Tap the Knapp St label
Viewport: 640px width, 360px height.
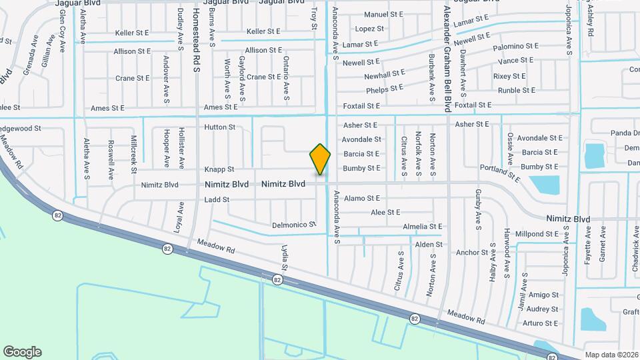click(219, 169)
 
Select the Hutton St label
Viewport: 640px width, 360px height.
click(219, 127)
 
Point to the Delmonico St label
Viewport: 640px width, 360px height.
click(294, 225)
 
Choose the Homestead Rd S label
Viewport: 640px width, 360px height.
click(197, 40)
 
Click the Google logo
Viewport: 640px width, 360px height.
click(22, 351)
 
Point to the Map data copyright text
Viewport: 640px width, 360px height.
click(611, 355)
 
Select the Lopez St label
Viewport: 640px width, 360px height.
click(369, 29)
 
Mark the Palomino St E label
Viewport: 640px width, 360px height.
click(515, 47)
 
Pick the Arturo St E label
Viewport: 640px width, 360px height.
click(540, 323)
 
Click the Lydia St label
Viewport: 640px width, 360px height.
click(284, 257)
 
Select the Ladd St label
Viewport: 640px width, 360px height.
click(217, 199)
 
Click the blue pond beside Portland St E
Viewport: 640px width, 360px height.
click(545, 185)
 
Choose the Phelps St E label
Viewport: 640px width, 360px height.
click(385, 88)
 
